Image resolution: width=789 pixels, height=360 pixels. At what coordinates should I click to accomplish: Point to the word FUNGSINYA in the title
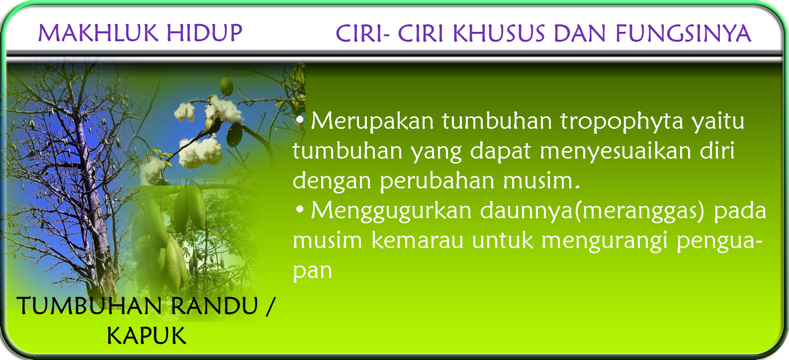point(683,34)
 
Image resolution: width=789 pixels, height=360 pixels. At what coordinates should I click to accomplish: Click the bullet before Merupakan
point(299,120)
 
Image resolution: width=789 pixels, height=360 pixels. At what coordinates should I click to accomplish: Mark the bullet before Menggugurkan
point(299,210)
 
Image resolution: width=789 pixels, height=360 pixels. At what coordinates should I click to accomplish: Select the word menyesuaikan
point(615,151)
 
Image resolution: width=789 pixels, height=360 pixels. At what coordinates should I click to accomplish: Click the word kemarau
point(418,241)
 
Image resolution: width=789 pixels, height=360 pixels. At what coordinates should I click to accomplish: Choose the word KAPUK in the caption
point(146,336)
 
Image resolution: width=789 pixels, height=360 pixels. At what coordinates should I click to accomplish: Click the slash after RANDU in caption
point(270,306)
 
